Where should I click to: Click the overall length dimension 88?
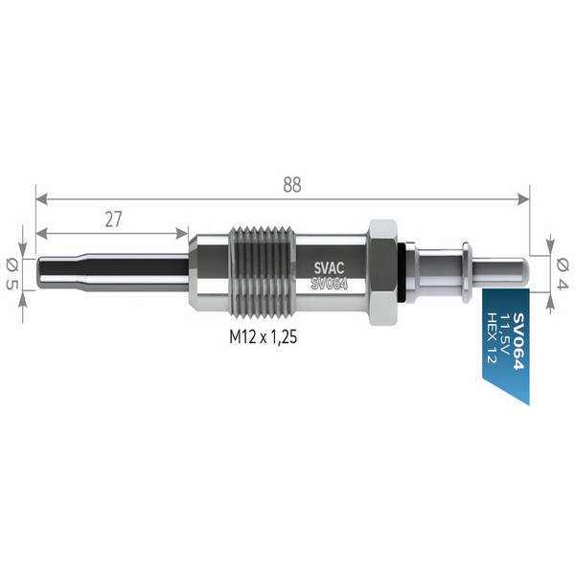pos(292,185)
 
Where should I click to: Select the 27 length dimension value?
pos(113,219)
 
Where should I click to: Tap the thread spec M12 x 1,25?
pos(264,336)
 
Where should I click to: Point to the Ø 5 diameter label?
pos(11,273)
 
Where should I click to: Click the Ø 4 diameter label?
pos(563,273)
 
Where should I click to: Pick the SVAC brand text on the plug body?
pos(329,268)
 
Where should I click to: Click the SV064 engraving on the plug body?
pos(329,284)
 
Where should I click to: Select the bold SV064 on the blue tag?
pos(518,340)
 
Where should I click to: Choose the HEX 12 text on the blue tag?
pos(492,337)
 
